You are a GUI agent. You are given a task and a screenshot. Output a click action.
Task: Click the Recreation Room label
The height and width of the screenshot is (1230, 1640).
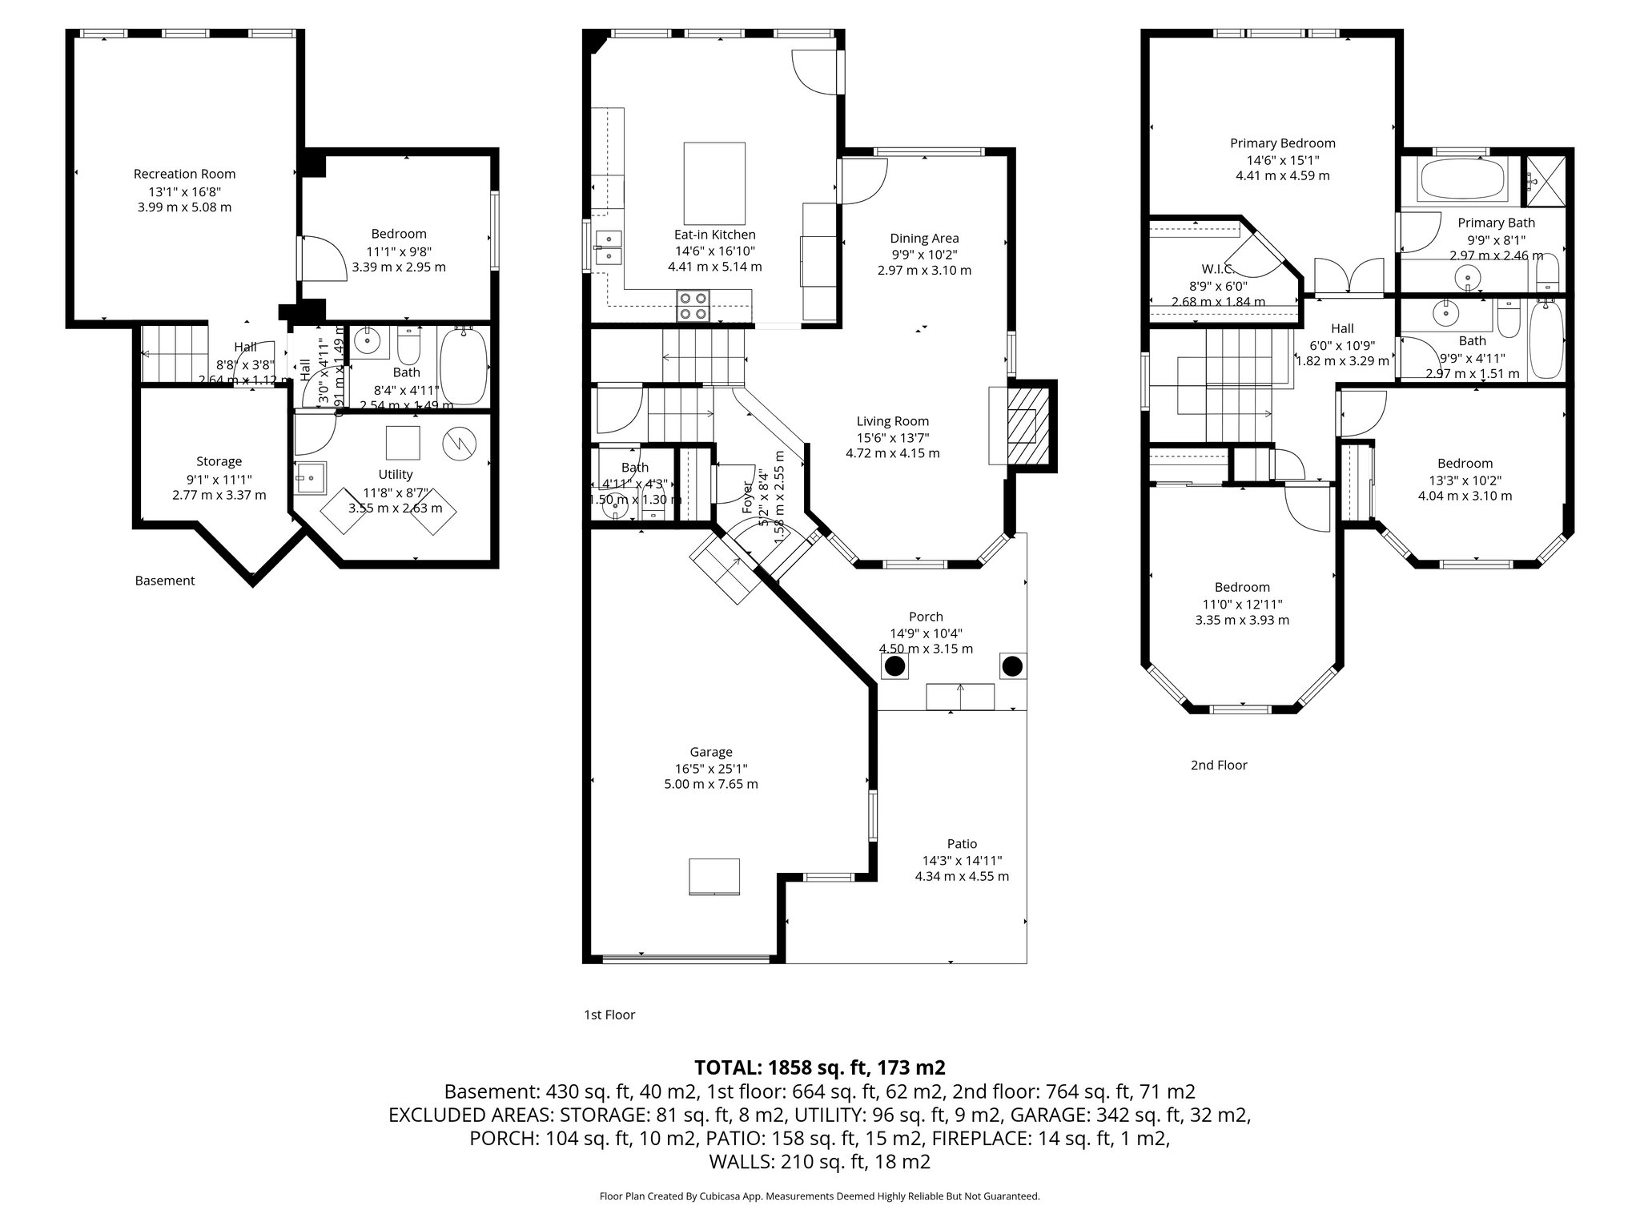click(184, 174)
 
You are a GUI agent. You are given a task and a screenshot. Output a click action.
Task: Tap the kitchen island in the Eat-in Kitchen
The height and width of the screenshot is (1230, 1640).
click(714, 183)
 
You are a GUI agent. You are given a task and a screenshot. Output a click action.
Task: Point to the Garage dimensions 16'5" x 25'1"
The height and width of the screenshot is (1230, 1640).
click(710, 768)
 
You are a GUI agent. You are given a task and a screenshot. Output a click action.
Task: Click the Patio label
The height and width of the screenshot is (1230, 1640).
click(962, 843)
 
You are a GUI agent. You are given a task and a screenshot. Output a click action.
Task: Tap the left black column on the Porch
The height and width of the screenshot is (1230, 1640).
click(894, 665)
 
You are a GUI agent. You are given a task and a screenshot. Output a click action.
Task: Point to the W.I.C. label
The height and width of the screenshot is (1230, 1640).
click(1218, 269)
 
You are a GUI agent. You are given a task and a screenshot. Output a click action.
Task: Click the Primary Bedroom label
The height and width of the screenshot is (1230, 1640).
click(1282, 143)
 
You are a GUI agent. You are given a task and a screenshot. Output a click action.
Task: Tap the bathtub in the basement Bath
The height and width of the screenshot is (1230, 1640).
click(464, 367)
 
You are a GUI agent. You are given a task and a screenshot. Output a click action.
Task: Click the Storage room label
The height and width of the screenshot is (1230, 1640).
click(219, 461)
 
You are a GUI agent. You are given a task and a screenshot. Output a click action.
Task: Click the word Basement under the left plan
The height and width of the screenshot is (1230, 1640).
click(164, 581)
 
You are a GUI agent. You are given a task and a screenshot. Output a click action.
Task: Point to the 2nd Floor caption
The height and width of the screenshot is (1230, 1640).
click(1218, 765)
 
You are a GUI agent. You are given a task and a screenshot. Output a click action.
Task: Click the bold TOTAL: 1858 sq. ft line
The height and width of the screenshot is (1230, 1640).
click(819, 1067)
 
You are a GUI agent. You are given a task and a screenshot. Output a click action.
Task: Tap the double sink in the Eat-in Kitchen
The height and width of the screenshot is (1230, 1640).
click(609, 247)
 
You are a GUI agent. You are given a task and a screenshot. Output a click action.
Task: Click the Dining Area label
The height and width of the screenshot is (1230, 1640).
click(924, 238)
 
